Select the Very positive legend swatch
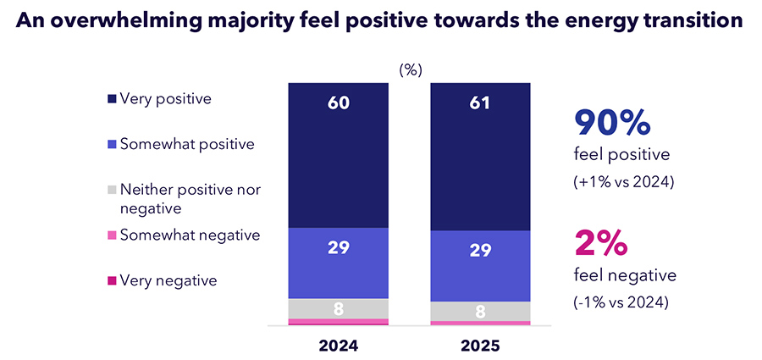(112, 100)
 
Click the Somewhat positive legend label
(187, 144)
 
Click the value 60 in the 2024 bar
(339, 103)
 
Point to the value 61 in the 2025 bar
(481, 103)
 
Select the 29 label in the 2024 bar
(339, 248)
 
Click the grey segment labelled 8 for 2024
(339, 308)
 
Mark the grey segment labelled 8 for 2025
(481, 311)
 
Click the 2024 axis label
(339, 346)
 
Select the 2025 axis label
(481, 346)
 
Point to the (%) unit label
(410, 70)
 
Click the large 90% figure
(612, 123)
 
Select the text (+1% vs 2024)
(624, 182)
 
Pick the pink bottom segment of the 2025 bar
(481, 324)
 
